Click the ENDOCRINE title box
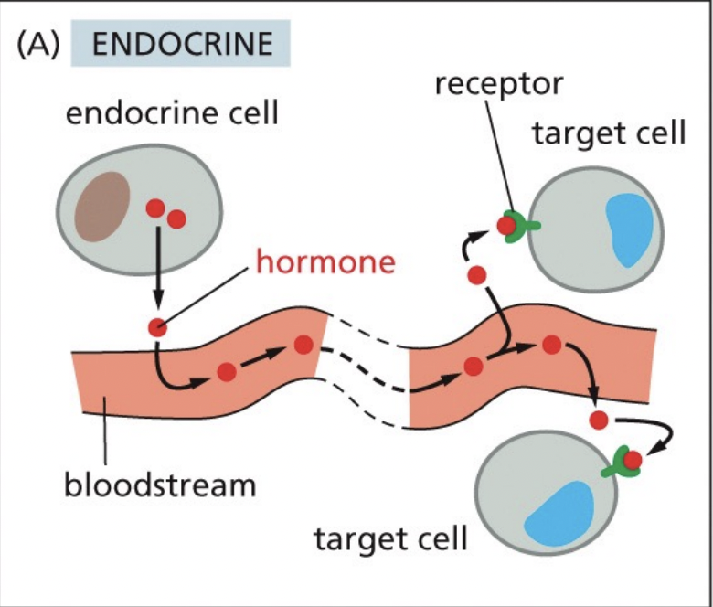click(179, 45)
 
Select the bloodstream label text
click(159, 484)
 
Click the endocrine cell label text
click(172, 115)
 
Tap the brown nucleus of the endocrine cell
click(102, 206)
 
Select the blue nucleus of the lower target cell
click(559, 514)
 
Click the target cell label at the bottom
click(390, 538)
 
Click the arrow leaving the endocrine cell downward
click(158, 270)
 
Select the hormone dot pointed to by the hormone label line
click(158, 327)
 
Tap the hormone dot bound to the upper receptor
click(505, 224)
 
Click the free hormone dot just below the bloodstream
click(598, 421)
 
